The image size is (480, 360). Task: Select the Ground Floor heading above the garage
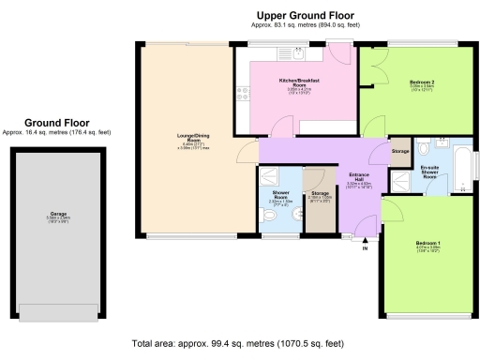click(56, 123)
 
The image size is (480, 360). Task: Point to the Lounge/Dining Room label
click(184, 142)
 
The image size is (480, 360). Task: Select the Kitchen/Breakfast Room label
click(300, 85)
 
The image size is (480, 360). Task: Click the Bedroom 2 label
click(422, 85)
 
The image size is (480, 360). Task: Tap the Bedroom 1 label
click(427, 247)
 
